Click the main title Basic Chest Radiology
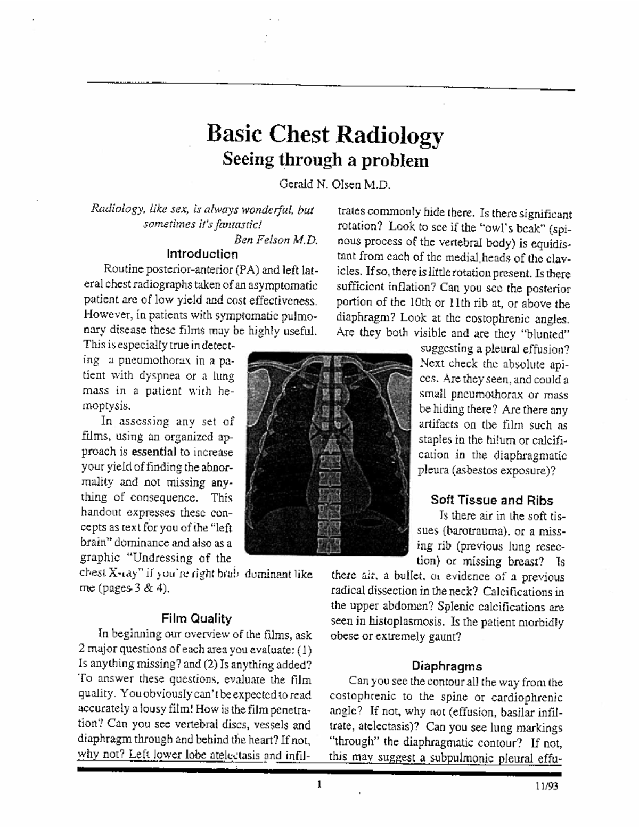click(x=325, y=135)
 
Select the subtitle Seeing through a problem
click(x=325, y=160)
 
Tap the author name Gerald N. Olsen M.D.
click(x=335, y=185)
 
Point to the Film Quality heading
click(x=196, y=619)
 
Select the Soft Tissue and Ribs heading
click(x=491, y=500)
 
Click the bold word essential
click(x=154, y=452)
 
